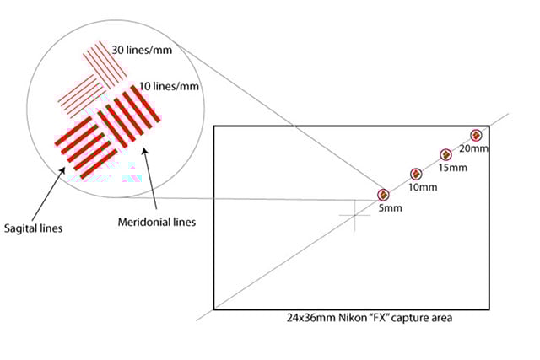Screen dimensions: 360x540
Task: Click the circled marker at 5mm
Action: click(383, 195)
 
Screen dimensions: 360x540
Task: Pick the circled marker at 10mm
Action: click(415, 174)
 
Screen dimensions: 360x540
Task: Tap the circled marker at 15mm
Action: click(445, 154)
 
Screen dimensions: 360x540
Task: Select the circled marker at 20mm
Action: click(476, 135)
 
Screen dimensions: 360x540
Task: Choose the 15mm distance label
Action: click(453, 168)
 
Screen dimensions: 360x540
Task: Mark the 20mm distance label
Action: click(473, 148)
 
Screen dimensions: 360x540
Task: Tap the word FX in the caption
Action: click(373, 319)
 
